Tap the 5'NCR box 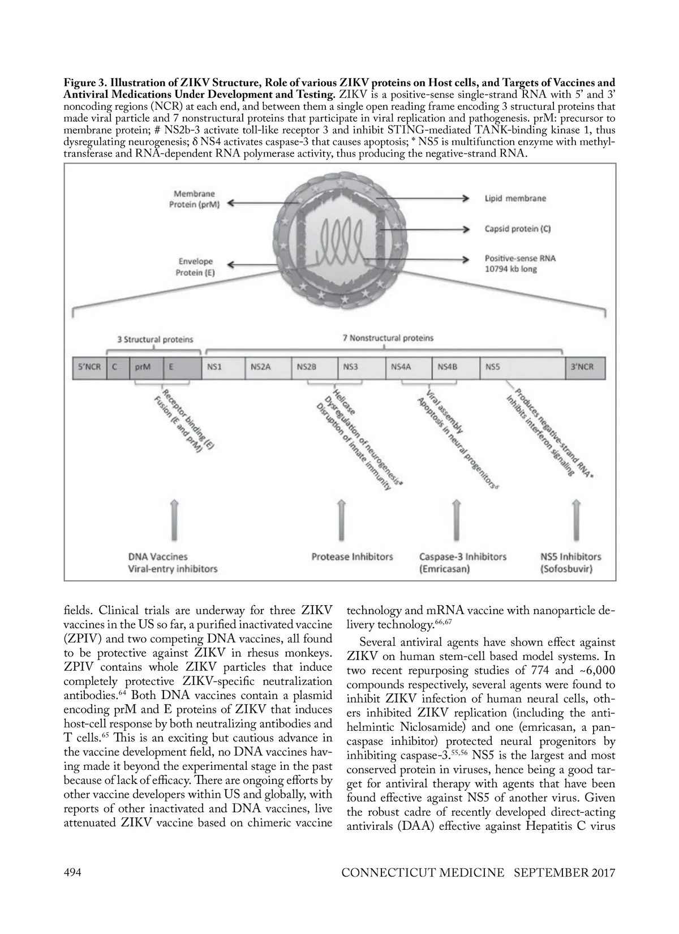click(89, 367)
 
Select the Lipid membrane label click(515, 199)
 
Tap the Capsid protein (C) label click(517, 229)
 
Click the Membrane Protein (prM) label click(194, 199)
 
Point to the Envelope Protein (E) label click(196, 267)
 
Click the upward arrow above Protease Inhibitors click(341, 520)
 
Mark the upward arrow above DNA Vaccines click(175, 520)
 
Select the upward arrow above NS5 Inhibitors click(576, 520)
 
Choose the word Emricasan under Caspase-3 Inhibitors click(445, 569)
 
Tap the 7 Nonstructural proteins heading click(388, 338)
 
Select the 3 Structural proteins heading click(154, 340)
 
